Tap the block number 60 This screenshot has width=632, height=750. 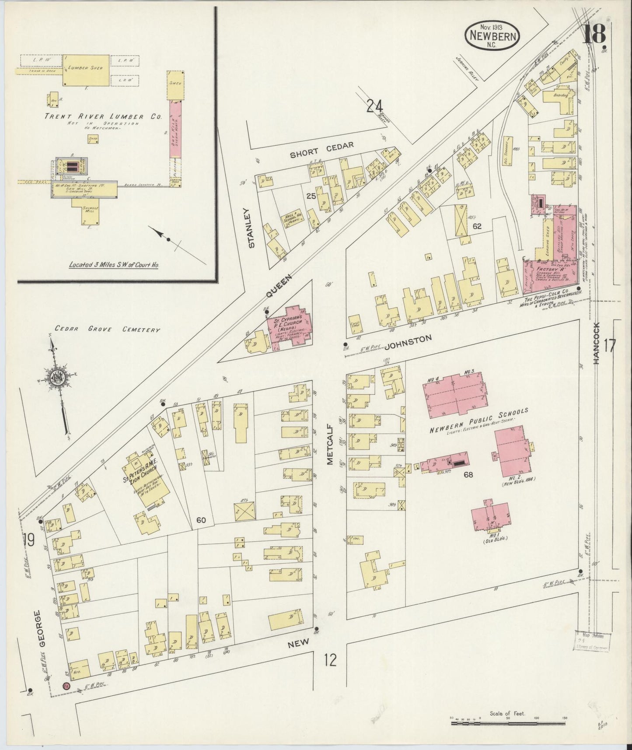tap(201, 519)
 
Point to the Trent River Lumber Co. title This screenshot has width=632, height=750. tap(103, 117)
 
